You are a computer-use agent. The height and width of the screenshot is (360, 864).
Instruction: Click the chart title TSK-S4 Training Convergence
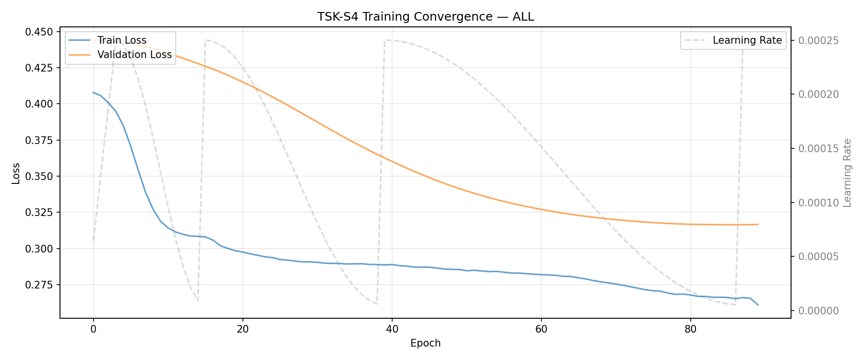[x=425, y=17]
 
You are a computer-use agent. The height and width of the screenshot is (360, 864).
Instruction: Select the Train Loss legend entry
[x=121, y=40]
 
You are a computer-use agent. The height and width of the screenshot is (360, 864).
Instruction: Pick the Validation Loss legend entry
[x=134, y=55]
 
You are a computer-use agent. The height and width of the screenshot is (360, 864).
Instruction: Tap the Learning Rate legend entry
[x=747, y=40]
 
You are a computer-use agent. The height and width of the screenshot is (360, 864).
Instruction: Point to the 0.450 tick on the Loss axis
[x=40, y=32]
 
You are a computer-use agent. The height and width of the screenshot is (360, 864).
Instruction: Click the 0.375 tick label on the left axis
[x=40, y=140]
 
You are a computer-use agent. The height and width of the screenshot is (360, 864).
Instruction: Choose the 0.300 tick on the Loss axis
[x=40, y=249]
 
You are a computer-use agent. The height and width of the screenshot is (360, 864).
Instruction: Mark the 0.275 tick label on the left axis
[x=40, y=285]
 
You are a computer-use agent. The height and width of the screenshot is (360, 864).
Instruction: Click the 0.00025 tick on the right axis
[x=818, y=40]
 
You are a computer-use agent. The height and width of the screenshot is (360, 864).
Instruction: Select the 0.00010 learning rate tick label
[x=818, y=203]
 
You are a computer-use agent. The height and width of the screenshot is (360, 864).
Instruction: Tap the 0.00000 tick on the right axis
[x=818, y=311]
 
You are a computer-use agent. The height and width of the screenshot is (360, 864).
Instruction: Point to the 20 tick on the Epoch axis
[x=243, y=329]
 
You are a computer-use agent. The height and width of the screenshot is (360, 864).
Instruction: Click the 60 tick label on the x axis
[x=541, y=329]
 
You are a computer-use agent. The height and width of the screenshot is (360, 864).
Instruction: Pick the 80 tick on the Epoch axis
[x=690, y=329]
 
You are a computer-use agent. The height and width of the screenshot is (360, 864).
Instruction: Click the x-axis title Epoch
[x=425, y=343]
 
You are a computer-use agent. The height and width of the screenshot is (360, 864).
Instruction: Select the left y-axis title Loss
[x=16, y=173]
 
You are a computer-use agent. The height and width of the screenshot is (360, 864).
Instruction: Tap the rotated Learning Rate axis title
[x=847, y=173]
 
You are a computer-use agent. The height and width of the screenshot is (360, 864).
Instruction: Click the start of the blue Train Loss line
[x=94, y=92]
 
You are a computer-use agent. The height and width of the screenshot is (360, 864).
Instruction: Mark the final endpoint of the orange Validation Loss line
[x=758, y=224]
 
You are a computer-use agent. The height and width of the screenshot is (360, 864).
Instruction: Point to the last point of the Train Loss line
[x=758, y=305]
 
